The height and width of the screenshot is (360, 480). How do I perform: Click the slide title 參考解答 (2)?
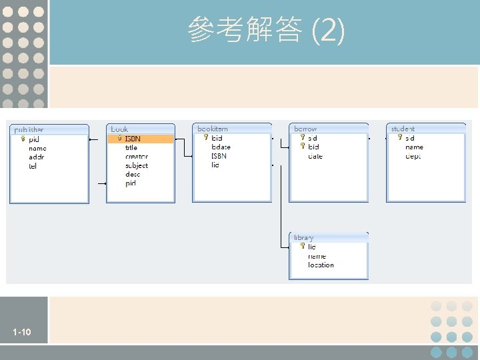(266, 31)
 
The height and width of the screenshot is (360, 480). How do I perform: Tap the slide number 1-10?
(21, 332)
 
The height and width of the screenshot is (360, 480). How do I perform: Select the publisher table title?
(29, 129)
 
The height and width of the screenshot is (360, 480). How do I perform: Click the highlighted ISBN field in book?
(133, 139)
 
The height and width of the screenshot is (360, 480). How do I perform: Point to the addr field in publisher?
(36, 157)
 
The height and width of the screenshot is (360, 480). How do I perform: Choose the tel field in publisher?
(33, 166)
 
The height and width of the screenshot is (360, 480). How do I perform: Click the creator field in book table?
(136, 157)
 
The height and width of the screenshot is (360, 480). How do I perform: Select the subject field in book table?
(137, 165)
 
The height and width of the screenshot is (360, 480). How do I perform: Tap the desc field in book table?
(133, 174)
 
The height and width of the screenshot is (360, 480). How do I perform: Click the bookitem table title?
(213, 128)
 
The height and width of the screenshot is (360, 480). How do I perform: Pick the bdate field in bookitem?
(221, 147)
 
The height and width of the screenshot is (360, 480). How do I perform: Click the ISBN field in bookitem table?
(219, 156)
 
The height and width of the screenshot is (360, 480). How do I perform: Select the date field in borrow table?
(315, 156)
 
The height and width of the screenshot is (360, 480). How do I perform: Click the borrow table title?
(305, 128)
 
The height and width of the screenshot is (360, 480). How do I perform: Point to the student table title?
(403, 128)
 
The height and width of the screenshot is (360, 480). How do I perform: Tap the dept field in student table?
(413, 156)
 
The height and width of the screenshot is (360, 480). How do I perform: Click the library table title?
(303, 237)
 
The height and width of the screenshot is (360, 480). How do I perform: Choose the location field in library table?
(321, 265)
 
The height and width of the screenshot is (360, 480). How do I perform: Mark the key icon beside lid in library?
(302, 246)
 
